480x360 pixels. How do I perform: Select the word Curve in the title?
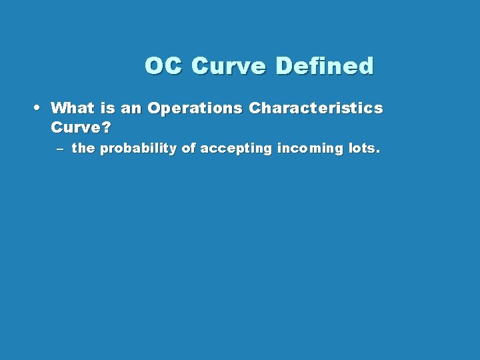229,66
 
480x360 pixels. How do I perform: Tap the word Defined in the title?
325,66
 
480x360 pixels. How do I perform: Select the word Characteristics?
316,107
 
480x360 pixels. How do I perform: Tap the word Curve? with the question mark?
80,127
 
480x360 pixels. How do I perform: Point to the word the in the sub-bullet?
83,149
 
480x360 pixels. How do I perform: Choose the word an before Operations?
132,107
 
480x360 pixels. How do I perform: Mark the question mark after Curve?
105,127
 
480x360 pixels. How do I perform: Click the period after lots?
378,152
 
